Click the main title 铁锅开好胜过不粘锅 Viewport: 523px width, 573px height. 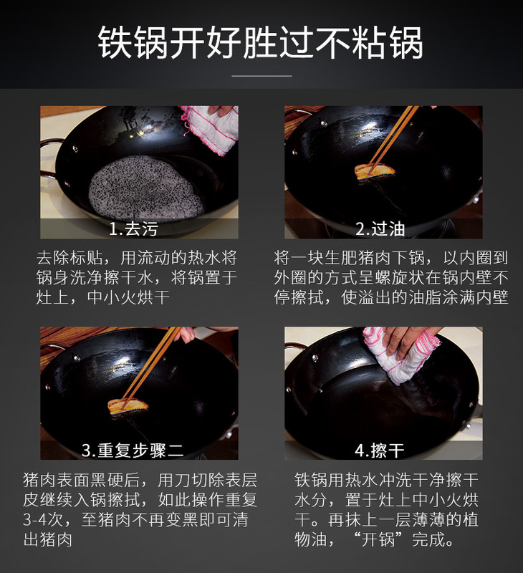tap(260, 43)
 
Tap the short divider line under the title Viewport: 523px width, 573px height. tap(261, 76)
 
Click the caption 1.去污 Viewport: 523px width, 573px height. tap(133, 229)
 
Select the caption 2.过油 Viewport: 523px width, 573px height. tap(380, 229)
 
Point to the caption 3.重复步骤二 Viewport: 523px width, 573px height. tap(133, 451)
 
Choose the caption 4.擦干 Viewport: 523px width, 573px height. tap(380, 451)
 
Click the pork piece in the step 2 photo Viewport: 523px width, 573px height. tap(375, 172)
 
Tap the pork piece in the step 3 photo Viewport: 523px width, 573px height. tap(128, 406)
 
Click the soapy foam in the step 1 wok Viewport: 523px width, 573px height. tap(146, 188)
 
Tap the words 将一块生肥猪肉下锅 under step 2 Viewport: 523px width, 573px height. tap(350, 258)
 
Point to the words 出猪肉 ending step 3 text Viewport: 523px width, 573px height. tap(47, 539)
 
